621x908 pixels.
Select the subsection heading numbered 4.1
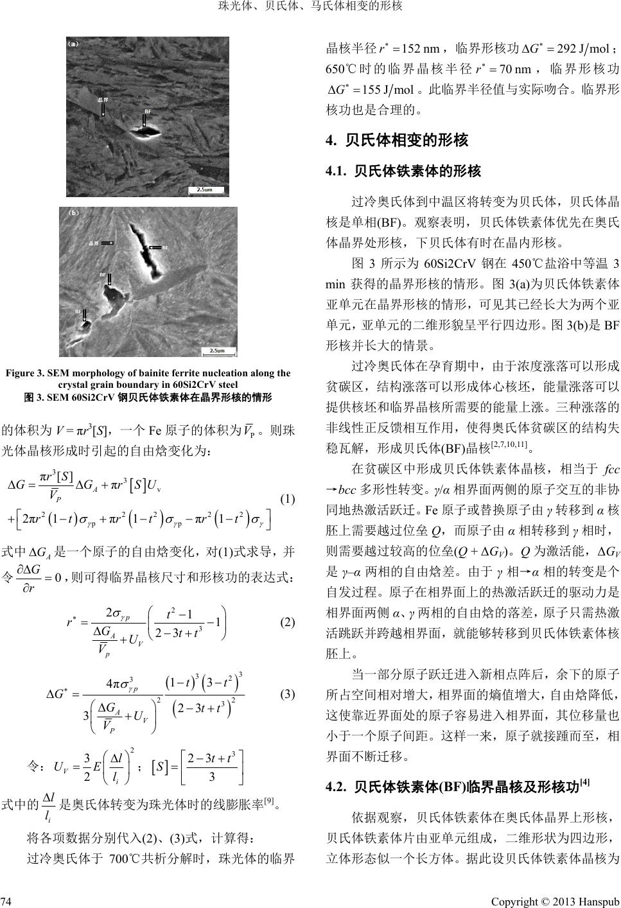[403, 171]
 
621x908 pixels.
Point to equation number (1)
[288, 498]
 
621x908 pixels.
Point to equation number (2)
[288, 622]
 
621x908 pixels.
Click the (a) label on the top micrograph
[73, 44]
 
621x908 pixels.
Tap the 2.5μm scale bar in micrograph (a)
[205, 189]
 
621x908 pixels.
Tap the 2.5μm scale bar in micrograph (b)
[218, 351]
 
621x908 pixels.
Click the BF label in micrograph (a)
[148, 111]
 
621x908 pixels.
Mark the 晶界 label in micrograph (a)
[102, 101]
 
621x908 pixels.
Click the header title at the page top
[310, 7]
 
